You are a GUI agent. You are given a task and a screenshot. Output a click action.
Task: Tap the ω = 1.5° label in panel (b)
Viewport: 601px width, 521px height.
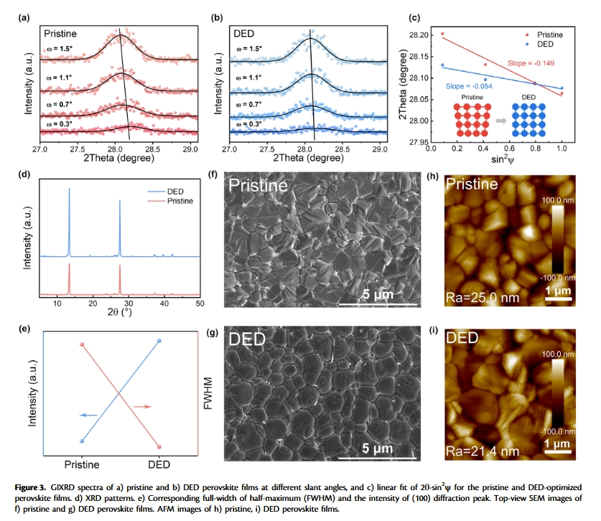click(x=249, y=50)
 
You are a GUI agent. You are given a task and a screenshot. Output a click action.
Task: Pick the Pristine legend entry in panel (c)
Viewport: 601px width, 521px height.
click(x=546, y=34)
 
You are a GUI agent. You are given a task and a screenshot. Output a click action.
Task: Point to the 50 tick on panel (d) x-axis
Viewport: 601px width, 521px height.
click(x=199, y=304)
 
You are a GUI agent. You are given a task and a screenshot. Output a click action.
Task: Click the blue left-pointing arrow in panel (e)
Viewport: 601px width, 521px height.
click(x=89, y=415)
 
